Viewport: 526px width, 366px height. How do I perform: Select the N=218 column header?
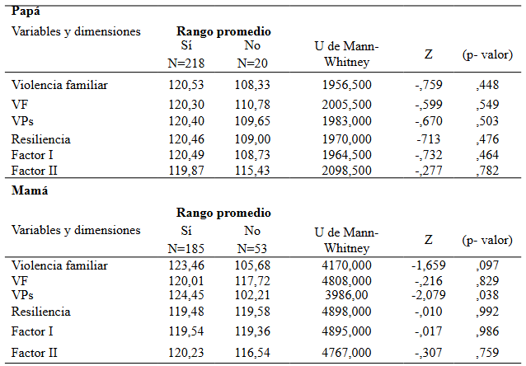[186, 62]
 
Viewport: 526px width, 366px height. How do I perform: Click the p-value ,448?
[488, 84]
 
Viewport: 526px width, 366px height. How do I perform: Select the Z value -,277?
[428, 171]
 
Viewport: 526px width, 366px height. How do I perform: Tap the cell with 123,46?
[186, 266]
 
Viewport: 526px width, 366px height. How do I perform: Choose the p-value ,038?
[488, 295]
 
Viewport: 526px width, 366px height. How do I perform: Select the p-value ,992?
[488, 312]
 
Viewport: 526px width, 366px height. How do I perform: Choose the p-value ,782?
[488, 171]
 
